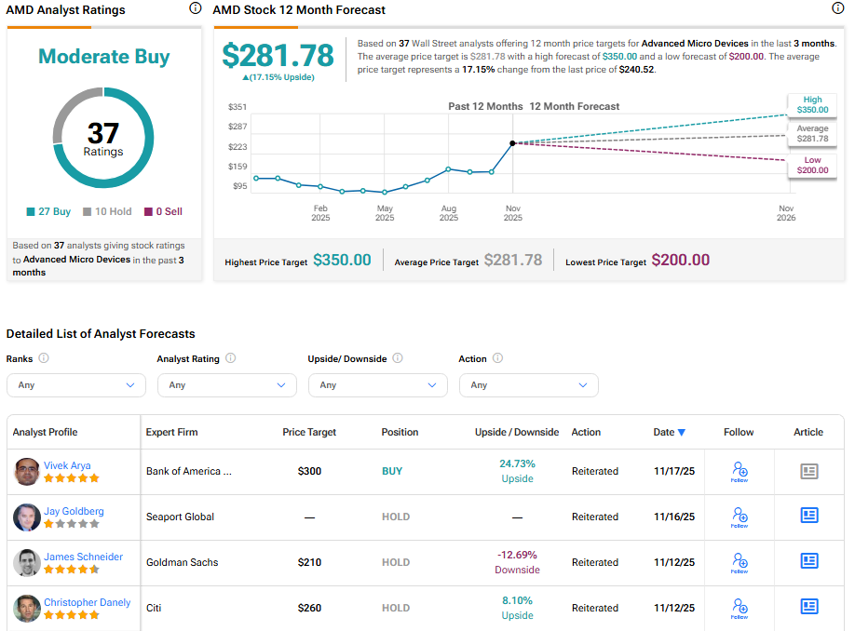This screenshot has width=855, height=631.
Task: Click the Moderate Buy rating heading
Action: [x=104, y=57]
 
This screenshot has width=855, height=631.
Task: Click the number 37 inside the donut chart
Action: [x=104, y=133]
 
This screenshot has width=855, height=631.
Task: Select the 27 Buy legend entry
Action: [x=49, y=211]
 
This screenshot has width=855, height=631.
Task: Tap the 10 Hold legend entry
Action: [x=108, y=211]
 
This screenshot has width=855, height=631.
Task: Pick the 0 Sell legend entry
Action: [x=163, y=211]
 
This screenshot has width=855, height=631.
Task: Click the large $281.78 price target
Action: [x=278, y=56]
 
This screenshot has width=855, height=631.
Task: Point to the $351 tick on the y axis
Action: [x=237, y=107]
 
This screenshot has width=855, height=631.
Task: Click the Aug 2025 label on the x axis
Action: [x=449, y=212]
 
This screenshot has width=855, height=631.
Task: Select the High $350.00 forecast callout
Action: [x=812, y=104]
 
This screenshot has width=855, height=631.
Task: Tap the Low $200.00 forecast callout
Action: [x=812, y=166]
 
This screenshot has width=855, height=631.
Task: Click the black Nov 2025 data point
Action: [x=512, y=143]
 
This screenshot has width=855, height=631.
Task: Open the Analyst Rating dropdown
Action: [x=226, y=385]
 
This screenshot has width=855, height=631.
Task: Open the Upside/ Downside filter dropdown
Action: [x=377, y=385]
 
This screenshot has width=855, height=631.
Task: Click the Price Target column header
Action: [x=309, y=432]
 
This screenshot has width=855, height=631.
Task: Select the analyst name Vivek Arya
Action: [x=67, y=465]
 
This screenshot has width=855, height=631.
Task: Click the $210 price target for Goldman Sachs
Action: [x=309, y=562]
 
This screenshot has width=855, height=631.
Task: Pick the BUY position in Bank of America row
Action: [x=392, y=471]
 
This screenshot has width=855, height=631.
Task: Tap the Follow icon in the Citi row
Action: [x=740, y=609]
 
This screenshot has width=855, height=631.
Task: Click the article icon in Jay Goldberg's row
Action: [x=808, y=517]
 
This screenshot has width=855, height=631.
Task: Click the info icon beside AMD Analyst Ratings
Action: [x=195, y=8]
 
